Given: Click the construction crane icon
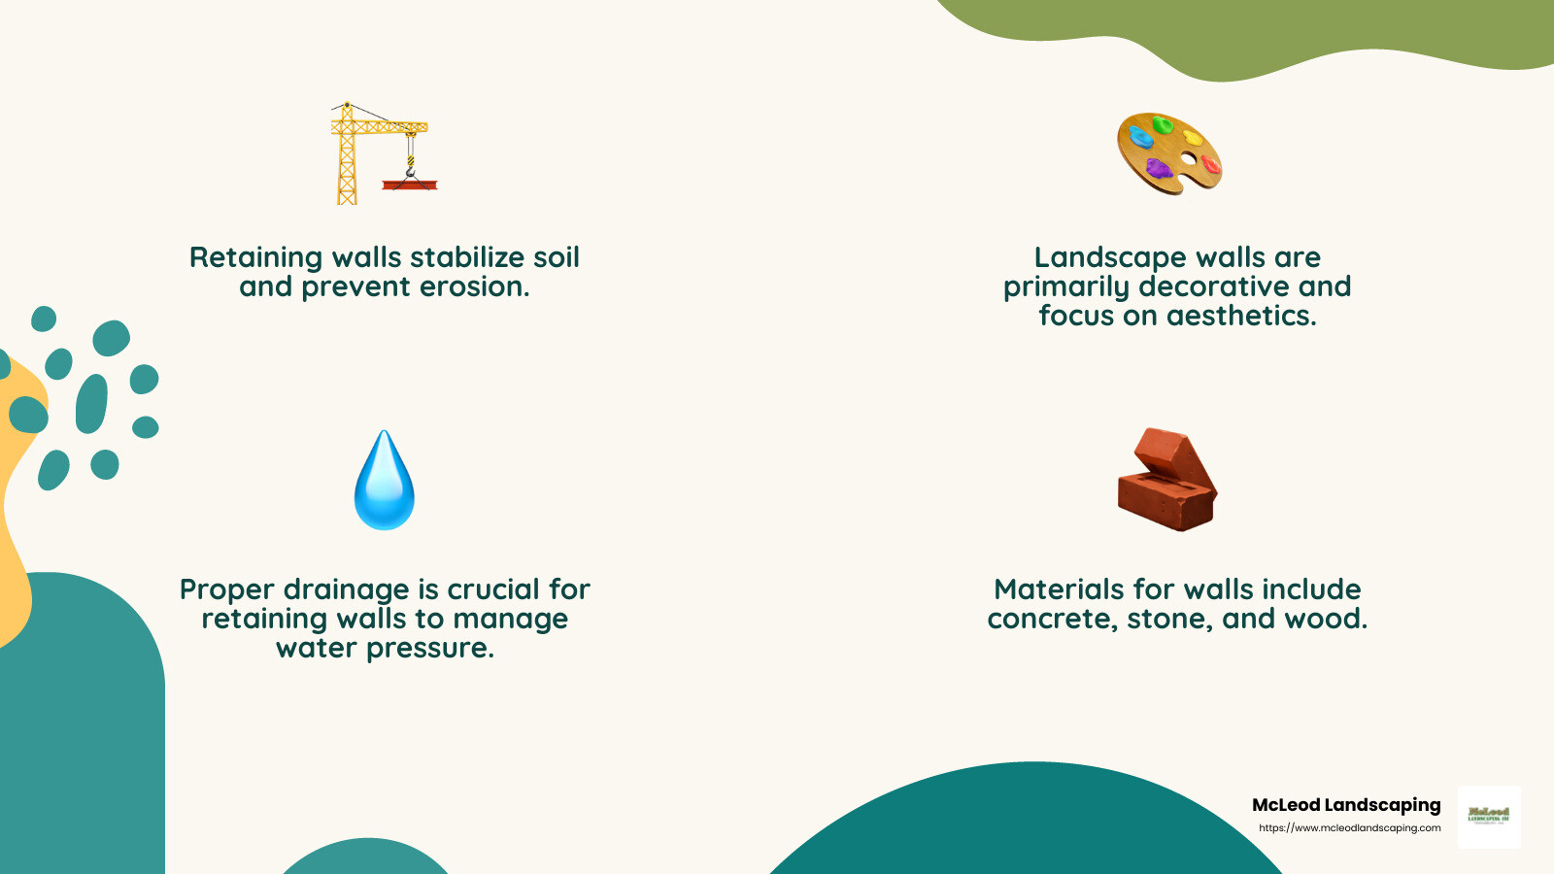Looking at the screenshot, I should pyautogui.click(x=382, y=153).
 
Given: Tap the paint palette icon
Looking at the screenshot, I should pyautogui.click(x=1169, y=153).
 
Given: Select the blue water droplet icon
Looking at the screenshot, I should pyautogui.click(x=385, y=481).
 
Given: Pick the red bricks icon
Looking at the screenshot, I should pyautogui.click(x=1167, y=480).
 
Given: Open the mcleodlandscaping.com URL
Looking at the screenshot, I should pyautogui.click(x=1349, y=828).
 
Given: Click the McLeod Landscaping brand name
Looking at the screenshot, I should pyautogui.click(x=1346, y=805).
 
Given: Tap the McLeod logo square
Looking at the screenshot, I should pyautogui.click(x=1489, y=817).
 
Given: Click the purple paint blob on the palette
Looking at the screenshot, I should pyautogui.click(x=1159, y=168).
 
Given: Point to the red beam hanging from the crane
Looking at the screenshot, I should pyautogui.click(x=409, y=185).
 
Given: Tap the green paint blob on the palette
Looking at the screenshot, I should pyautogui.click(x=1163, y=124).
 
